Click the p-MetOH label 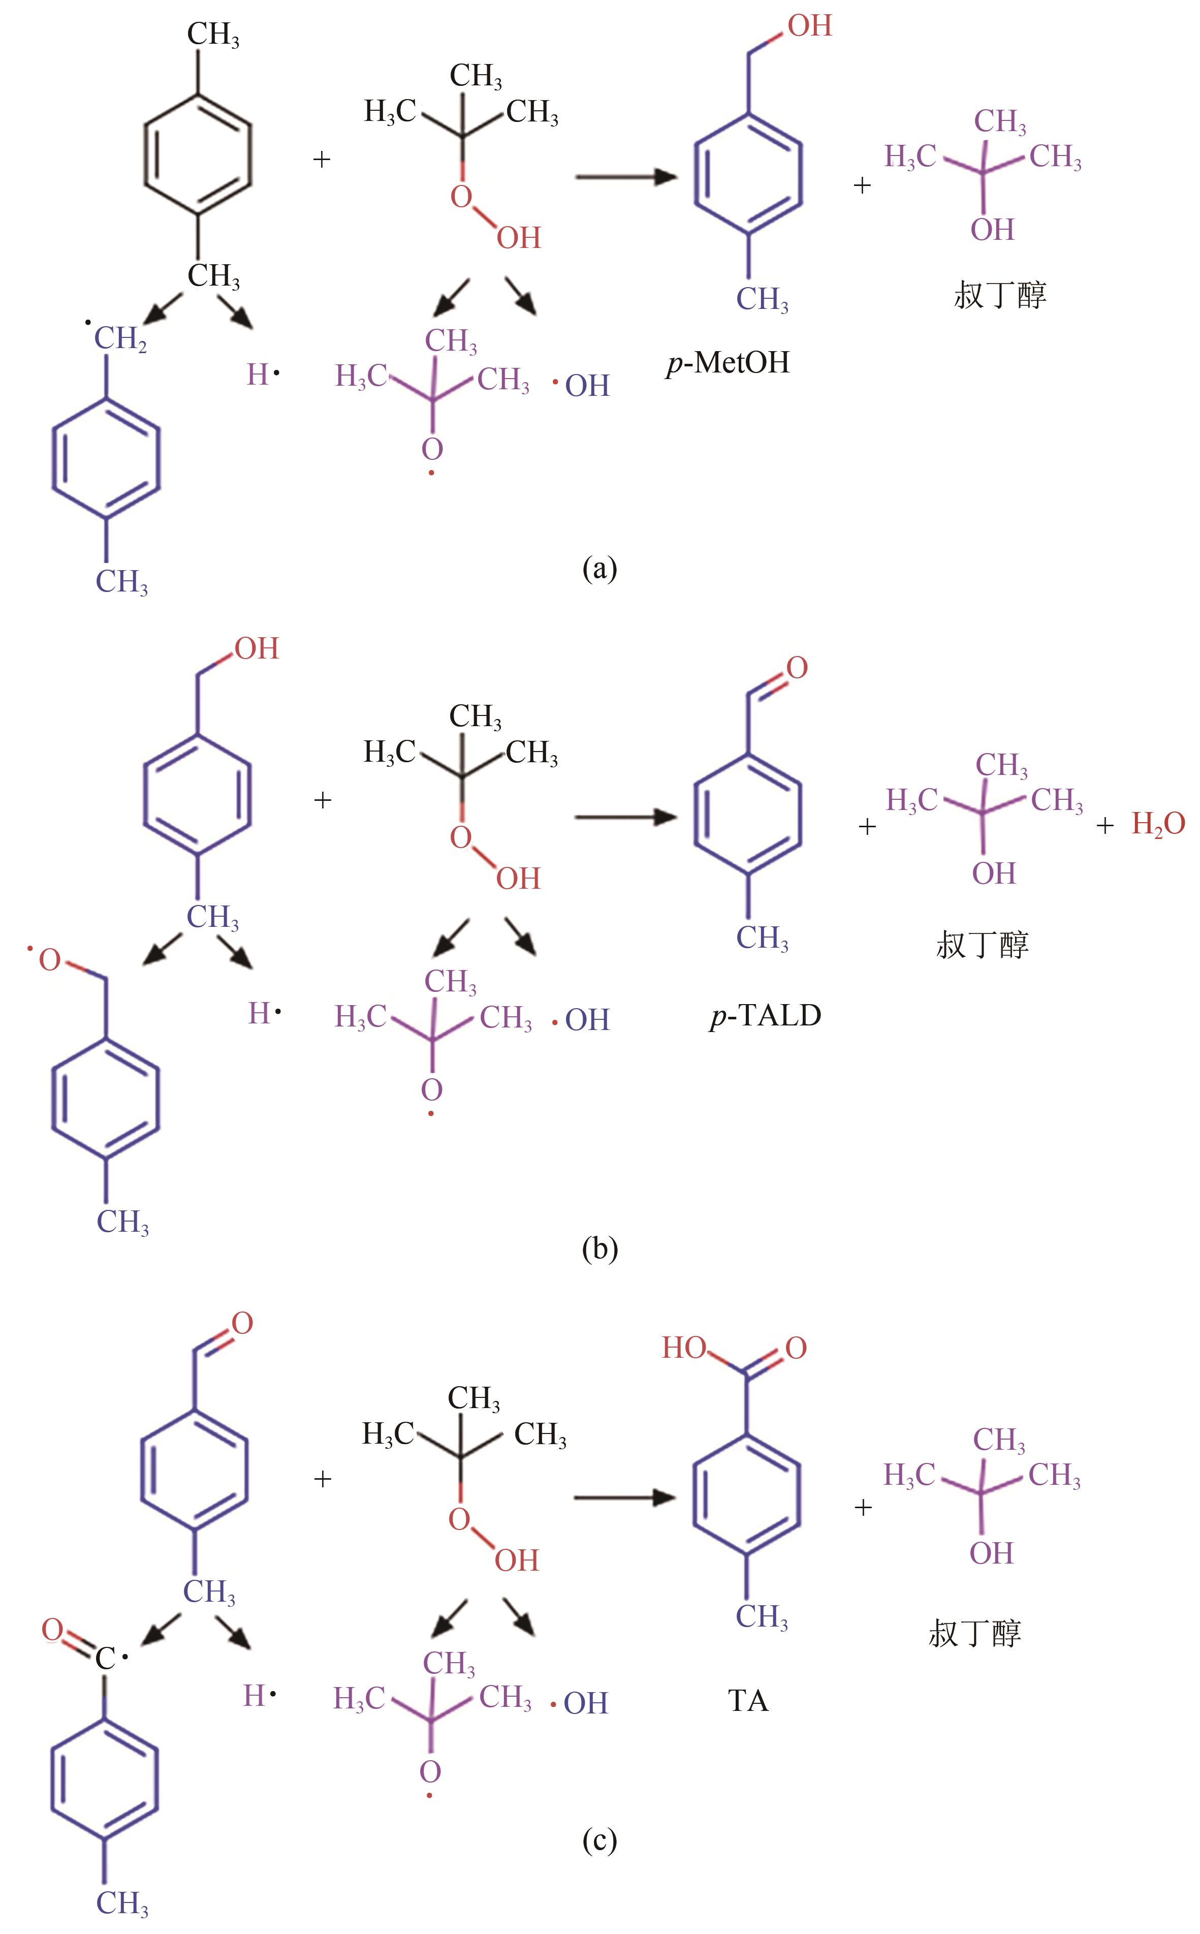729,363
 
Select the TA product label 748,1701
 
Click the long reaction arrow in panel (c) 624,1498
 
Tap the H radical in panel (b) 264,1013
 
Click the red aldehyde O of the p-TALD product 797,667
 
